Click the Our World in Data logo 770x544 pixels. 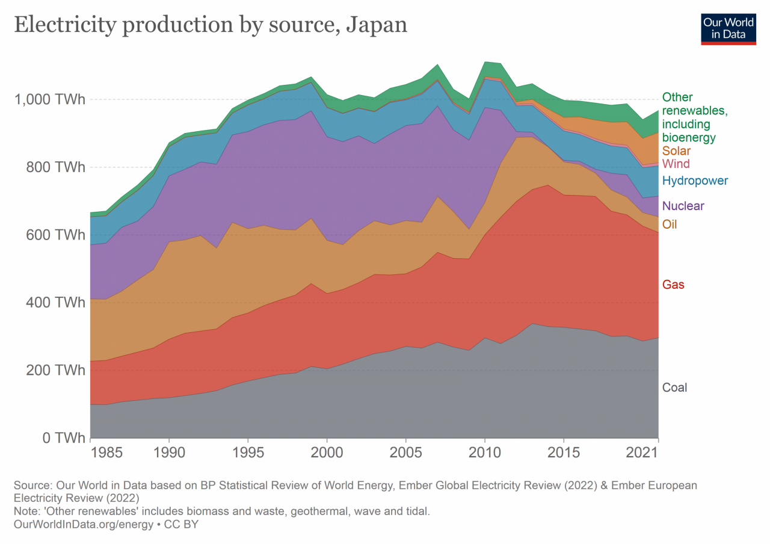click(x=728, y=28)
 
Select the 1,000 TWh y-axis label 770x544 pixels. click(x=49, y=99)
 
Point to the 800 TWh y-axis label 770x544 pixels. click(x=55, y=167)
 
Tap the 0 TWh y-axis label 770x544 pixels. click(x=64, y=438)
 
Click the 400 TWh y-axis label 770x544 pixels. click(x=55, y=302)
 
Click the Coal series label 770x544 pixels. click(x=674, y=388)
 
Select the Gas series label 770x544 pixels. click(x=673, y=285)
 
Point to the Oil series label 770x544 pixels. click(x=669, y=224)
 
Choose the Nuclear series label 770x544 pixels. click(x=683, y=206)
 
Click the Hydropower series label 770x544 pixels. click(x=695, y=181)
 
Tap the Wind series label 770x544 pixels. click(x=676, y=164)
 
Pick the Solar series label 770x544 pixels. click(x=676, y=151)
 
